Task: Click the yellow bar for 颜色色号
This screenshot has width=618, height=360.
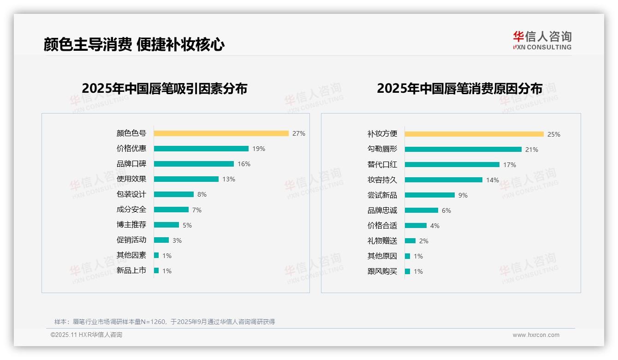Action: click(x=221, y=133)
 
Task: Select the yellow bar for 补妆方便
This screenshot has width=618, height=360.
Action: click(x=474, y=134)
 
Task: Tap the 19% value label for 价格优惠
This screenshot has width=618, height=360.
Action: click(x=259, y=149)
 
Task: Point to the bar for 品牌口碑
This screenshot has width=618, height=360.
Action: click(x=194, y=164)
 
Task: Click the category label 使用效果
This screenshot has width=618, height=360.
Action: click(x=131, y=179)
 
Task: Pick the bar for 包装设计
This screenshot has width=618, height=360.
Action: click(x=174, y=194)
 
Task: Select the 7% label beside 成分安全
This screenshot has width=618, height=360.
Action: click(x=197, y=210)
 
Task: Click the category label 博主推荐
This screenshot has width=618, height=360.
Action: click(x=131, y=225)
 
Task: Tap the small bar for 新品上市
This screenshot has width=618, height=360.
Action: click(x=156, y=270)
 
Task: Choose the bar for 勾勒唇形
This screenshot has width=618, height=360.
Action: click(x=463, y=150)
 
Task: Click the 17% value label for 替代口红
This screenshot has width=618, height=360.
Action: click(x=510, y=165)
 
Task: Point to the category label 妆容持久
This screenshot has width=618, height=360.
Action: click(x=382, y=180)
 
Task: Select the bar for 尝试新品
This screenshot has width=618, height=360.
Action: click(x=430, y=195)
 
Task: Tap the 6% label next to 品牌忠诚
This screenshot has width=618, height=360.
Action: click(x=446, y=210)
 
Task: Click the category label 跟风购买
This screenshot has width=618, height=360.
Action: click(x=382, y=271)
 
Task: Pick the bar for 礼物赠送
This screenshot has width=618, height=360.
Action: click(x=410, y=241)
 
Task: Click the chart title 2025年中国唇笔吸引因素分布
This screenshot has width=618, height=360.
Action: click(x=165, y=89)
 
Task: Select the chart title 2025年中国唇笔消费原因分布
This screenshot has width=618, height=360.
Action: click(x=459, y=89)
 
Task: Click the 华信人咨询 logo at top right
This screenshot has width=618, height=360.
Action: click(x=542, y=40)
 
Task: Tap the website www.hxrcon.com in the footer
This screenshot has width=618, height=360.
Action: click(x=536, y=335)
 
